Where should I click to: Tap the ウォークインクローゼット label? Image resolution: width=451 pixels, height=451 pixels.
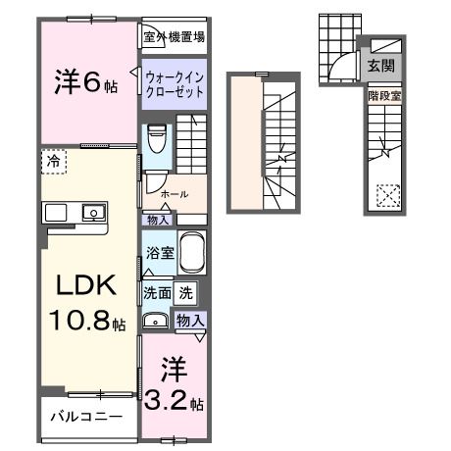point(174,82)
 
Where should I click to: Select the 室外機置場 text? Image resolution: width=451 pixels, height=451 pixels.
point(174,38)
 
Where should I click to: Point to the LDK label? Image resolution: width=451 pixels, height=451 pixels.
point(85,285)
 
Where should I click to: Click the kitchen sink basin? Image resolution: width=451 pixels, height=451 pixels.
point(94,211)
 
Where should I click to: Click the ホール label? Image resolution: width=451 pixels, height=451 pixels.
point(175,195)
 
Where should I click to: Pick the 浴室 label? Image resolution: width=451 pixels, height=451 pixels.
point(160,252)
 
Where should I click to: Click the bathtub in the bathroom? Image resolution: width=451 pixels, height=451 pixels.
point(192,254)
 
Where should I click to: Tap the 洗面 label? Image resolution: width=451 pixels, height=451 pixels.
point(158,291)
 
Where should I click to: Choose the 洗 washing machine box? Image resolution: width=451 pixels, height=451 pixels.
point(186,291)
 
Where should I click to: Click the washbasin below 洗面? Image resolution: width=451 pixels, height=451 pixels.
point(156,320)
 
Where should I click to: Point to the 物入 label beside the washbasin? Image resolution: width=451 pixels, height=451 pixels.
point(189,320)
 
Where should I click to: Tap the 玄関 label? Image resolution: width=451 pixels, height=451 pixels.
point(378,67)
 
